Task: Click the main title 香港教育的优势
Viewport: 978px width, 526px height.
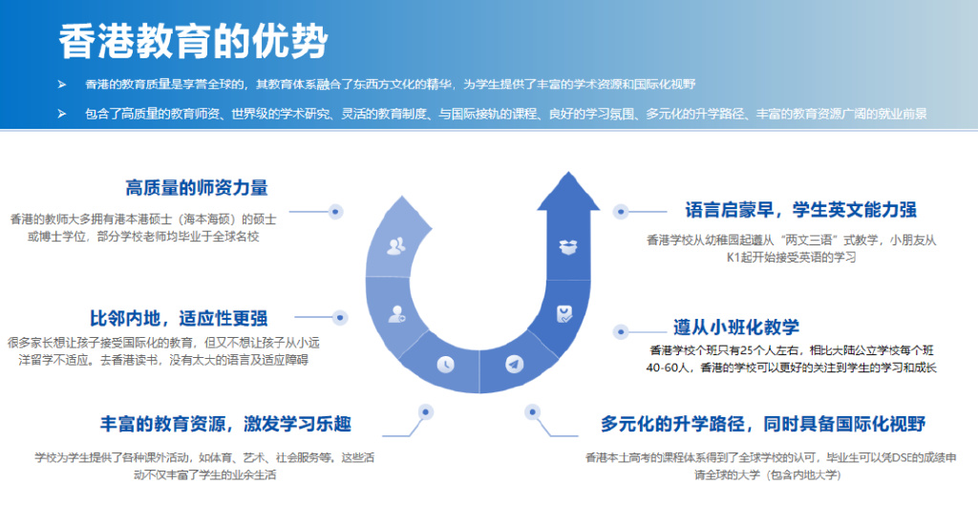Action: click(192, 40)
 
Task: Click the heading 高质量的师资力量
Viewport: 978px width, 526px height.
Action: click(197, 188)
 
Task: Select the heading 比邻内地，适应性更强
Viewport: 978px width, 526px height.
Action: click(179, 318)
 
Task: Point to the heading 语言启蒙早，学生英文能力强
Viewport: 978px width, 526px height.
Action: click(800, 209)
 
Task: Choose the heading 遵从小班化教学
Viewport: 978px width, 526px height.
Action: click(735, 326)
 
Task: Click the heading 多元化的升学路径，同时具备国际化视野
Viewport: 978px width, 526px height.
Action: click(763, 423)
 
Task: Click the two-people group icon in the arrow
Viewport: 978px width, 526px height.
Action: click(395, 246)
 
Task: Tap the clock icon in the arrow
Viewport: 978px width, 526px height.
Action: click(444, 364)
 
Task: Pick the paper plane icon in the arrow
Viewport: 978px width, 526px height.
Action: click(515, 364)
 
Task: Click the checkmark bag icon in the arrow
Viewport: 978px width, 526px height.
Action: click(563, 312)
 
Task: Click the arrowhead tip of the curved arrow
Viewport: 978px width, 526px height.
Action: click(568, 178)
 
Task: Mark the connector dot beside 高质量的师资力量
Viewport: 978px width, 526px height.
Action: click(335, 211)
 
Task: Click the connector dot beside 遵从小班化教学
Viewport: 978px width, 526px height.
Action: click(620, 332)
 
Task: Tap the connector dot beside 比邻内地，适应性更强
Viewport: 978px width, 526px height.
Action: click(339, 317)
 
